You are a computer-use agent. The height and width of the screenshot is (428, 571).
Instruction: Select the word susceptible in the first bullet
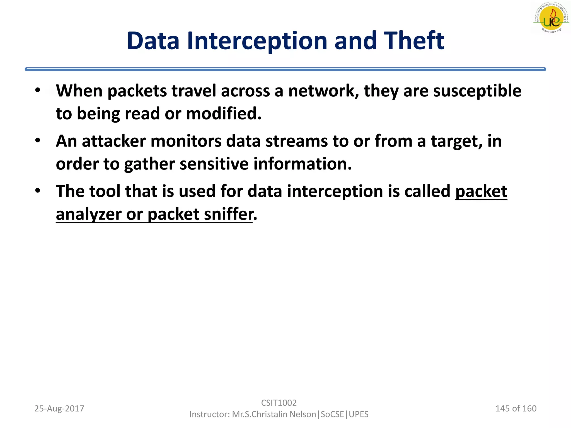tap(477, 91)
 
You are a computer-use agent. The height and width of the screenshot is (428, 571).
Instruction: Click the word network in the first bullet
tap(323, 91)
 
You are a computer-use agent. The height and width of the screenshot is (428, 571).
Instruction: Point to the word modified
tap(224, 114)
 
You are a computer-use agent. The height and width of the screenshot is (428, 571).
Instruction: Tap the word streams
tap(297, 141)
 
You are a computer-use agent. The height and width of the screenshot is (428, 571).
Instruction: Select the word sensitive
tap(214, 164)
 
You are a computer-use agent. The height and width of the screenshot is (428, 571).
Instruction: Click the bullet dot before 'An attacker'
tap(38, 140)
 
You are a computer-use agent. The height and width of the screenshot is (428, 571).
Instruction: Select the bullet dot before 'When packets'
tap(38, 90)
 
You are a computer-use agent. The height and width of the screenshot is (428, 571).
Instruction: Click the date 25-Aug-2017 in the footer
tap(59, 408)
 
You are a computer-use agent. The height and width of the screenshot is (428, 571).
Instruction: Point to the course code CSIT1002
tap(279, 403)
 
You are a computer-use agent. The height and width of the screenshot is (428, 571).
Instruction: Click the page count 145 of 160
tap(516, 408)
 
